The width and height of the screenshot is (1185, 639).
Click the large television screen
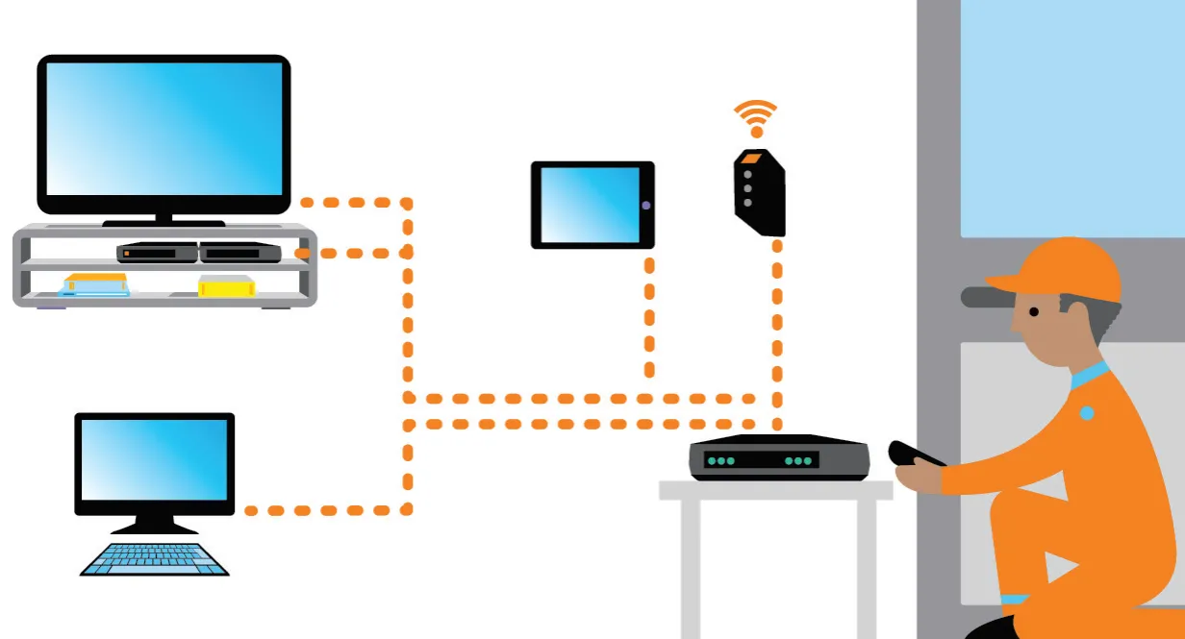(x=164, y=130)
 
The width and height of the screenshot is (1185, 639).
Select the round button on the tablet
(x=645, y=206)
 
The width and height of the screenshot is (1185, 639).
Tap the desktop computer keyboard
(x=155, y=559)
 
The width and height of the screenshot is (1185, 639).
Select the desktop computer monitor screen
(x=155, y=459)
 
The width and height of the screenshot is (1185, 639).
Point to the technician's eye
(x=1033, y=311)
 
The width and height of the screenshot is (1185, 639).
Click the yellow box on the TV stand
(x=226, y=285)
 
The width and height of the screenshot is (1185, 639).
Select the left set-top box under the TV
(x=158, y=253)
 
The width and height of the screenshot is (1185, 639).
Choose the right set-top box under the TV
(x=240, y=253)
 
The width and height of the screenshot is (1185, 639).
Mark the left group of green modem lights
(x=720, y=461)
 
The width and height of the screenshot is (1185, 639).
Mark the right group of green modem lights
(x=799, y=461)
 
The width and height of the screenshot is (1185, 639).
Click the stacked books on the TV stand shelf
(x=96, y=284)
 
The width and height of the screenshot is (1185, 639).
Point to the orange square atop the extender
(x=751, y=158)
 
